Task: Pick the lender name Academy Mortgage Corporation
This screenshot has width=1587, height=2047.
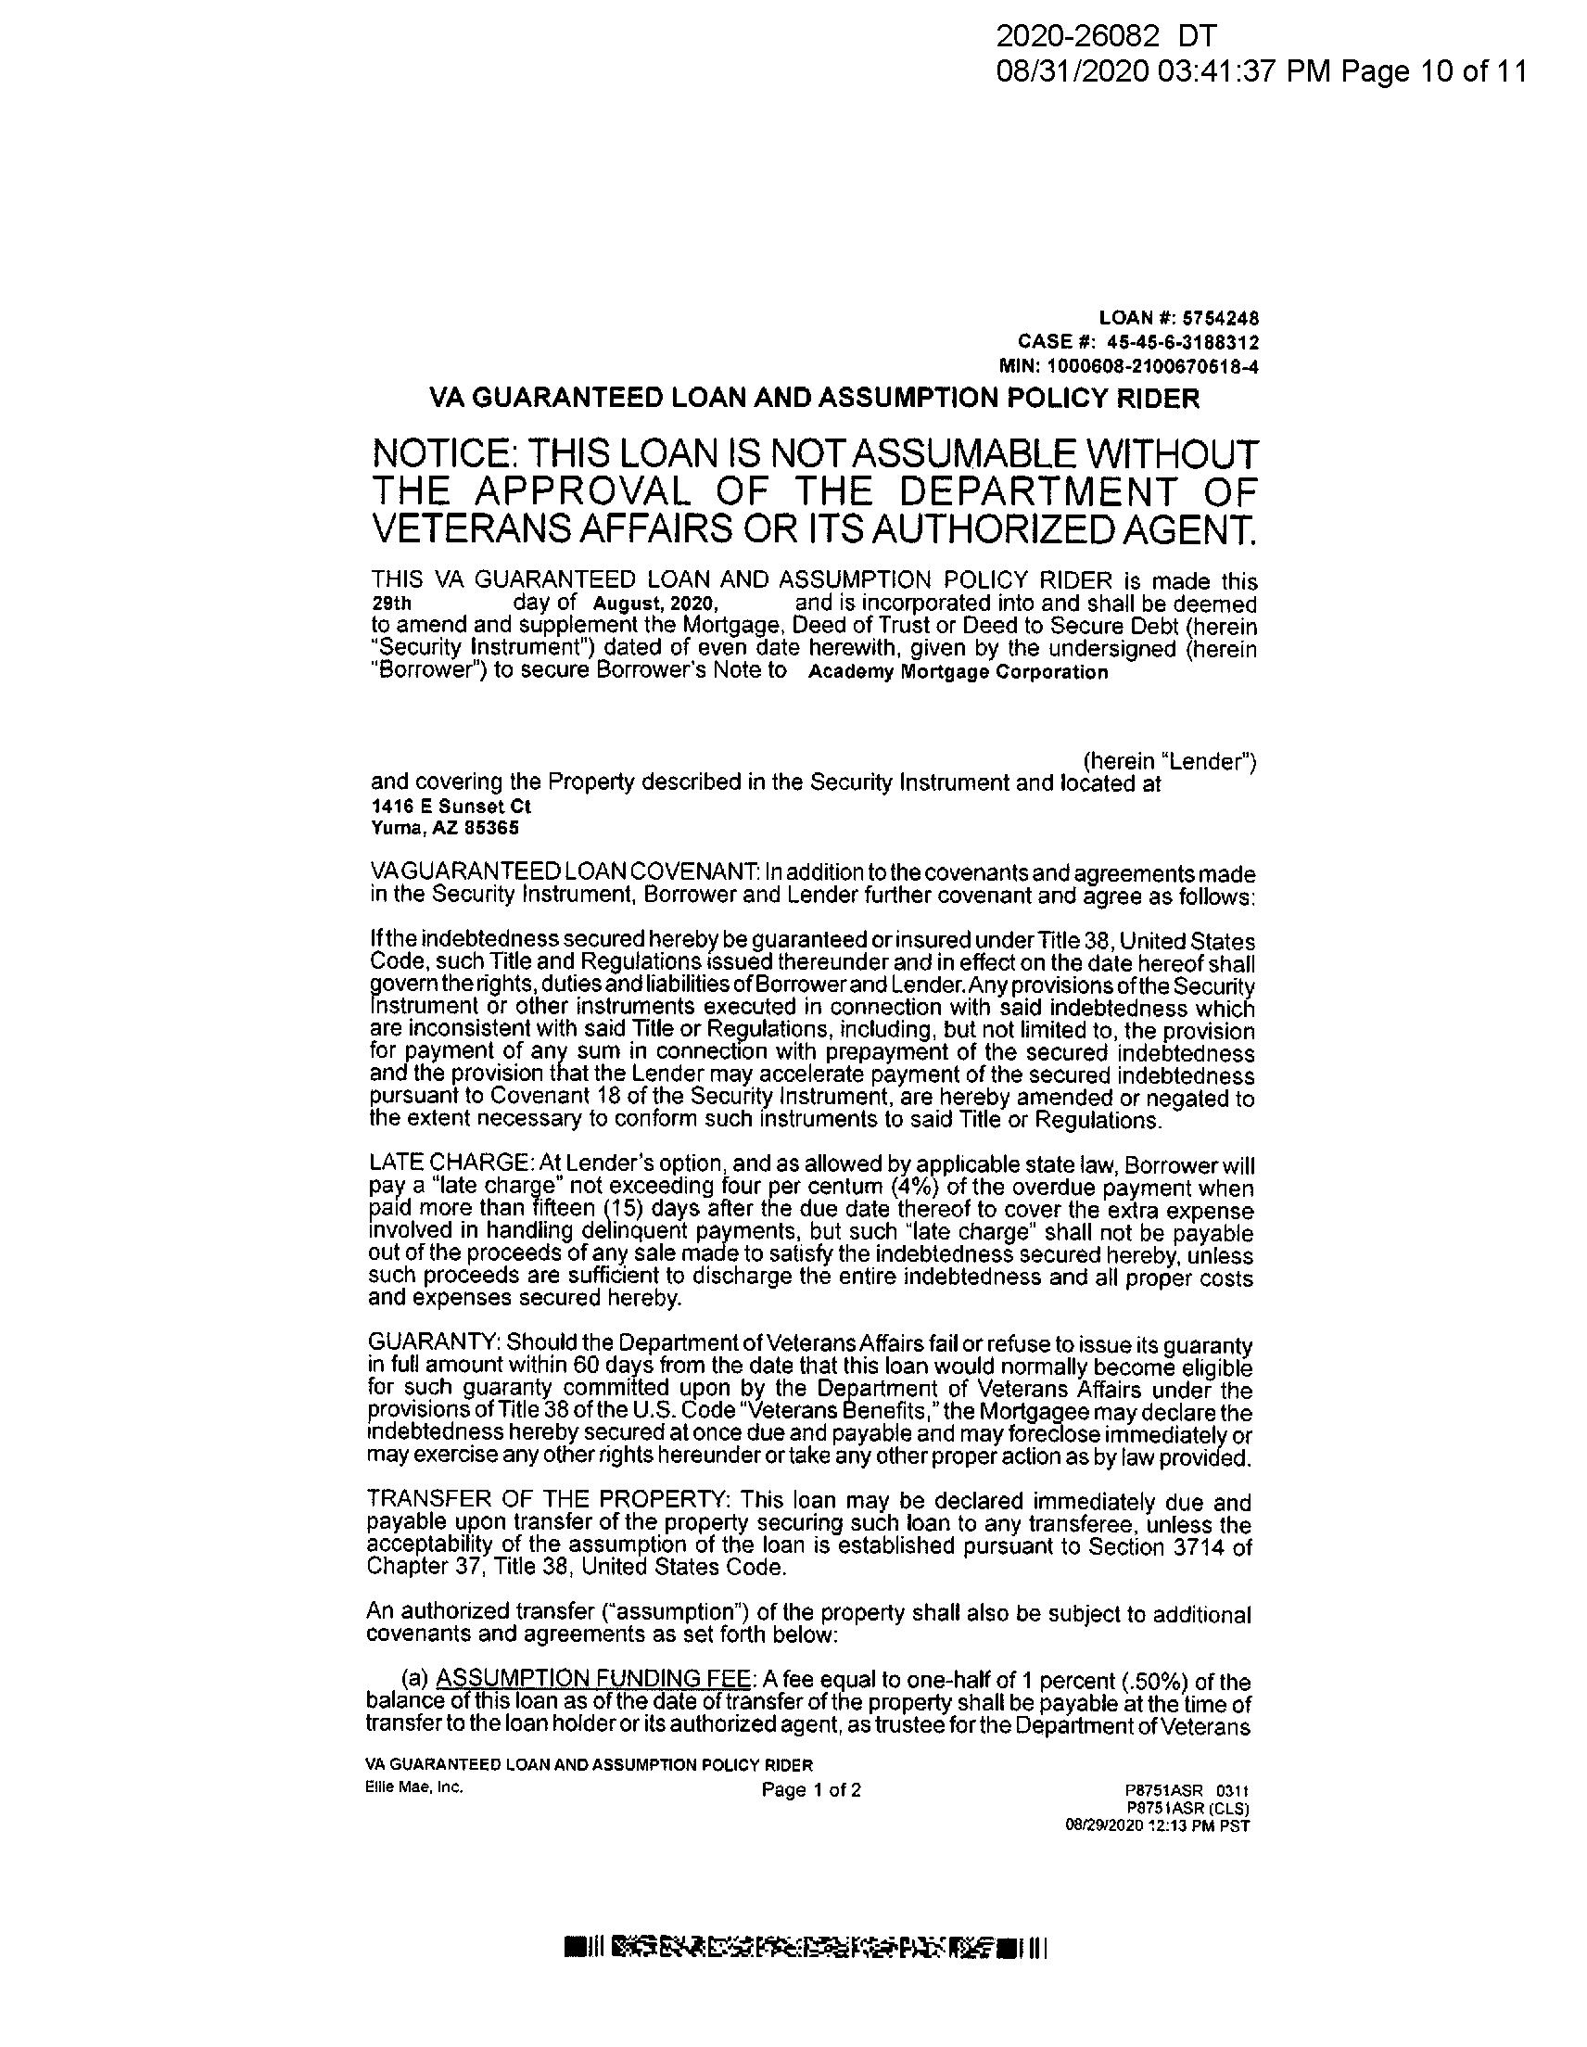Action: (957, 672)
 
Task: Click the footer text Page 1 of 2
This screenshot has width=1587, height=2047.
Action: (811, 1790)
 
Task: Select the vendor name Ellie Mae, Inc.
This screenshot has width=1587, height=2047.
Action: (414, 1786)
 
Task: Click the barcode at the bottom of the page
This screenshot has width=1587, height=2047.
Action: (806, 1948)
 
